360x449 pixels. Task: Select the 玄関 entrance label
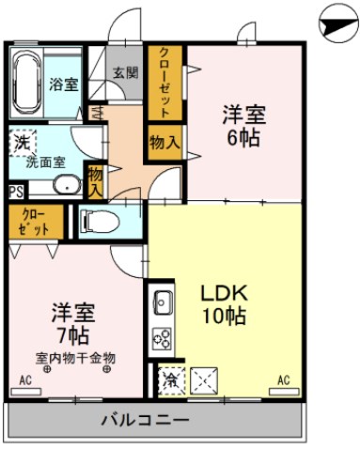coord(125,71)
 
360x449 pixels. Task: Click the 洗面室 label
coord(44,161)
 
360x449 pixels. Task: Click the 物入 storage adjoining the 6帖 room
coord(165,142)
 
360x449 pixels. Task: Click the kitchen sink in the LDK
coord(160,305)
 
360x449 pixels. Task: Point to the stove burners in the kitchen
coord(160,337)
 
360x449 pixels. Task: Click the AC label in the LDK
coord(283,379)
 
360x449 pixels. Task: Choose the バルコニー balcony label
coord(146,418)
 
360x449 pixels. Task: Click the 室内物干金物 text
coord(75,357)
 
